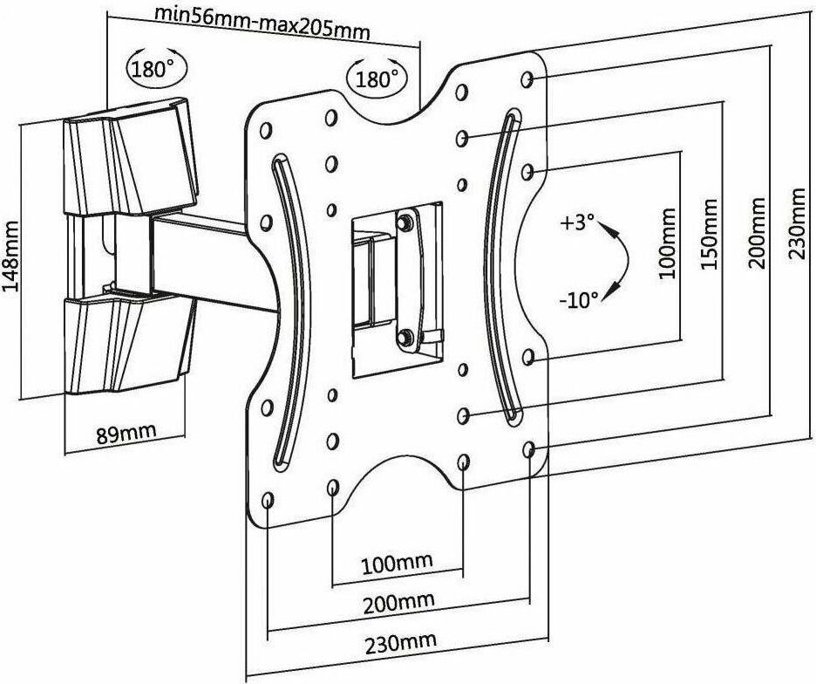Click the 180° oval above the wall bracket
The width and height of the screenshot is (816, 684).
tap(152, 68)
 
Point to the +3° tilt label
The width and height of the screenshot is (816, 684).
tap(577, 222)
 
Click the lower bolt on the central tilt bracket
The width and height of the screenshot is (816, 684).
tap(404, 335)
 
